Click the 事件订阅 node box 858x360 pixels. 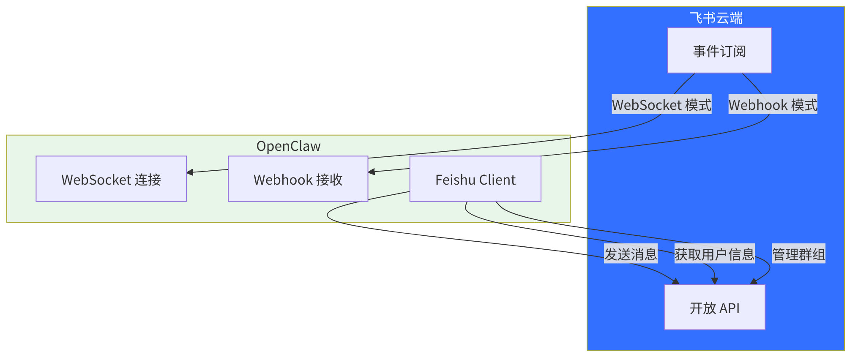click(719, 51)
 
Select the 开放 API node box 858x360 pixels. click(714, 307)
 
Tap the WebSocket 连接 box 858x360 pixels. click(111, 179)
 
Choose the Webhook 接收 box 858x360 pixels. click(298, 179)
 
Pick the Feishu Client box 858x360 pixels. click(475, 179)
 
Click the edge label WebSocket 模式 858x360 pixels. click(661, 104)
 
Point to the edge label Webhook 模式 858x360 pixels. click(773, 104)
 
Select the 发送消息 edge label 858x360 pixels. click(631, 254)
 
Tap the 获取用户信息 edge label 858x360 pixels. click(714, 254)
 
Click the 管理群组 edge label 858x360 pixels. click(798, 254)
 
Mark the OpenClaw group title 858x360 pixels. click(288, 146)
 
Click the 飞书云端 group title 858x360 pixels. click(716, 18)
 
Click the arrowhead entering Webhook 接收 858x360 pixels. click(372, 172)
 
